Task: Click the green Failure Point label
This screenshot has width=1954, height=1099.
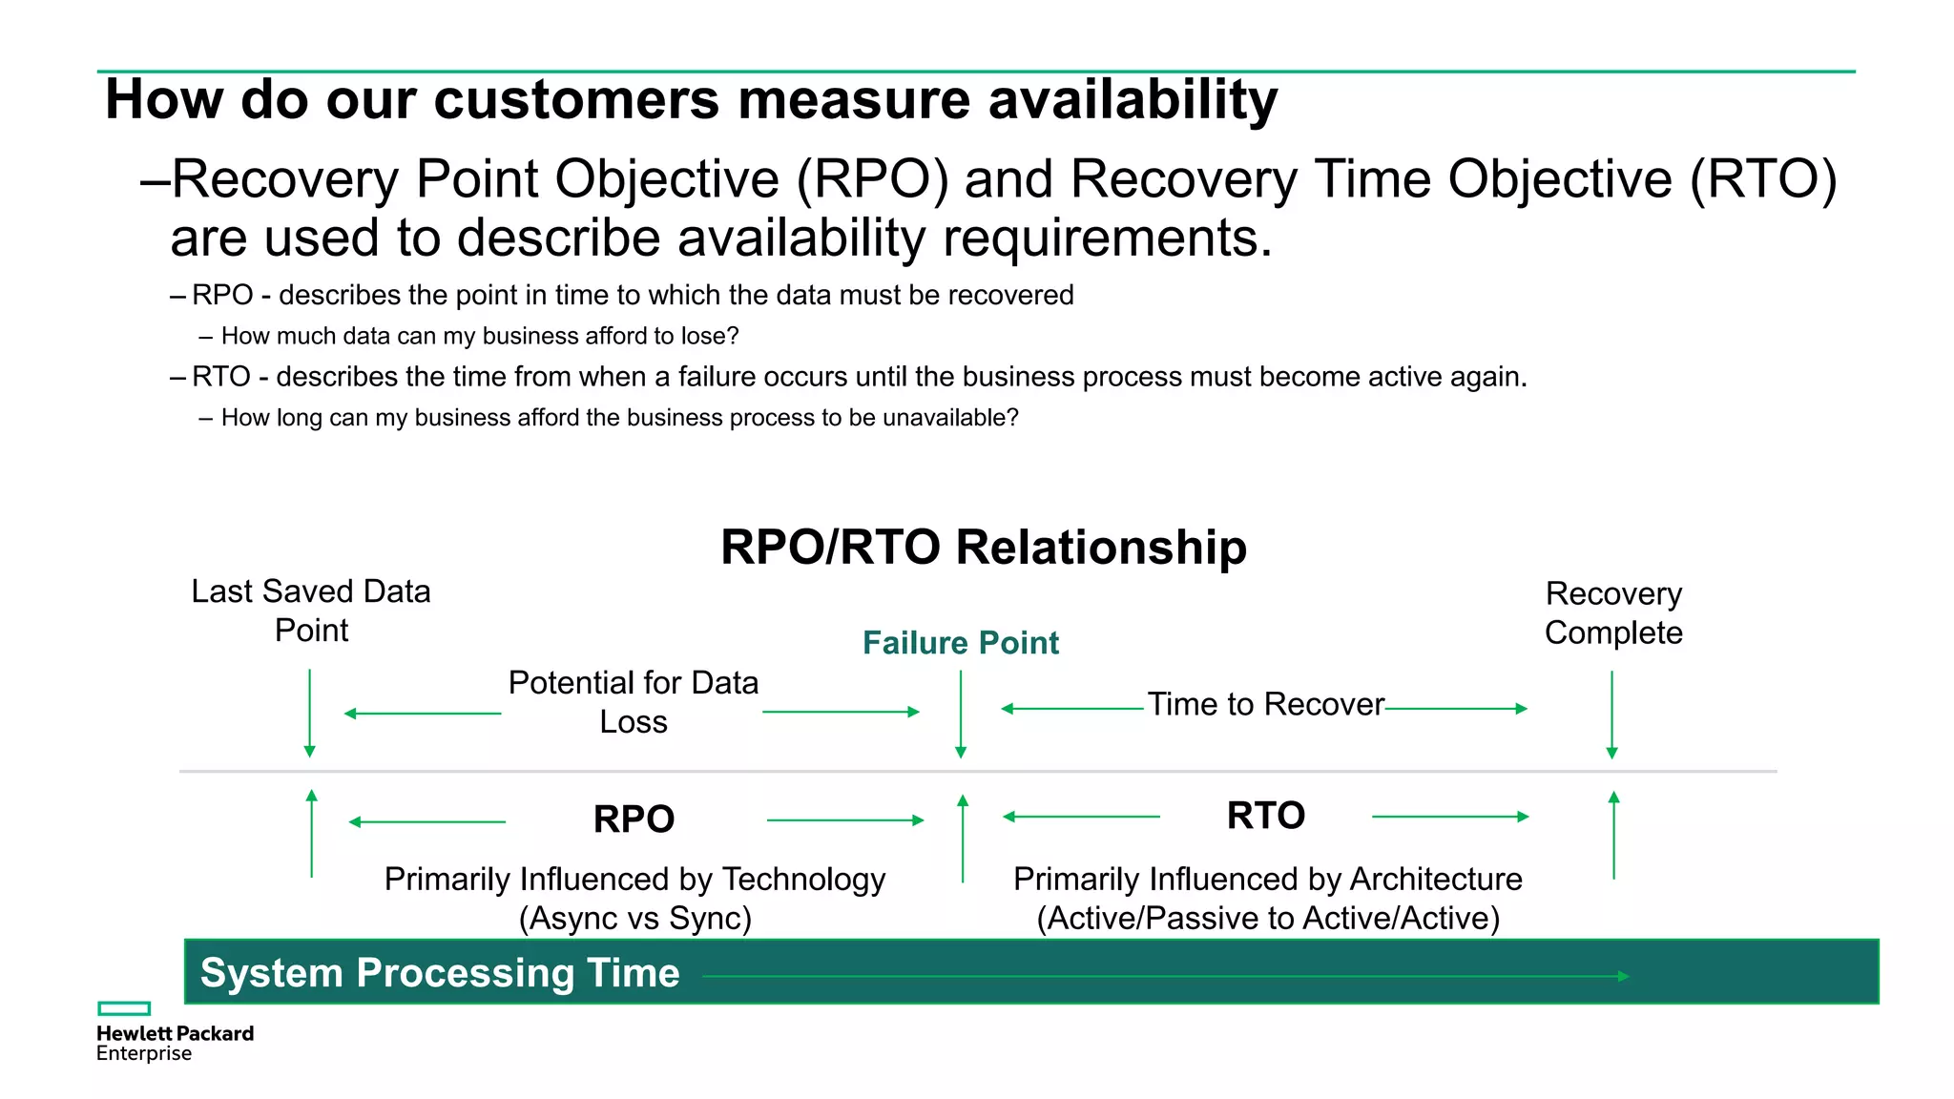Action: pos(960,643)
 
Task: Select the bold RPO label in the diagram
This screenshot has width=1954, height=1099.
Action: pos(634,819)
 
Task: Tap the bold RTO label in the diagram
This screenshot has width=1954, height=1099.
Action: pos(1265,816)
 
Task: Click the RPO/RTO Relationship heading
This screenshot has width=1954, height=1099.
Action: pos(983,548)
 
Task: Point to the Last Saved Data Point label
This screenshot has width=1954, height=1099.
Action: pos(310,611)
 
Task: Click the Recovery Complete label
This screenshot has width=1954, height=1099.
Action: pos(1612,613)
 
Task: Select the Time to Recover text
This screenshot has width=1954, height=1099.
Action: pos(1265,704)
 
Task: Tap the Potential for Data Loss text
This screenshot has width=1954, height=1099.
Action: pos(633,702)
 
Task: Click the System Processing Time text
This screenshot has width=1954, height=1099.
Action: pos(440,973)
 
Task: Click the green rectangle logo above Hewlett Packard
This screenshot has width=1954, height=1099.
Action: pos(124,1008)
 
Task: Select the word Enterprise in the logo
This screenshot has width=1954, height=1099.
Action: pos(144,1054)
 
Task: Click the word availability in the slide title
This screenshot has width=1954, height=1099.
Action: pos(1133,99)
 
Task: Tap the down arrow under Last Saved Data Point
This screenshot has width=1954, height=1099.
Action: pos(309,713)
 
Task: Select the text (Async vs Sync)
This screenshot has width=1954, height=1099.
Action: pos(634,918)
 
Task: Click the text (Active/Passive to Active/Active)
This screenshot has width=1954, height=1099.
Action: pos(1267,918)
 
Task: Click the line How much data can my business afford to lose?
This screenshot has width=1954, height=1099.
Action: pos(480,336)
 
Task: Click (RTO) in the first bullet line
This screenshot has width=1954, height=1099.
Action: pos(1763,179)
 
